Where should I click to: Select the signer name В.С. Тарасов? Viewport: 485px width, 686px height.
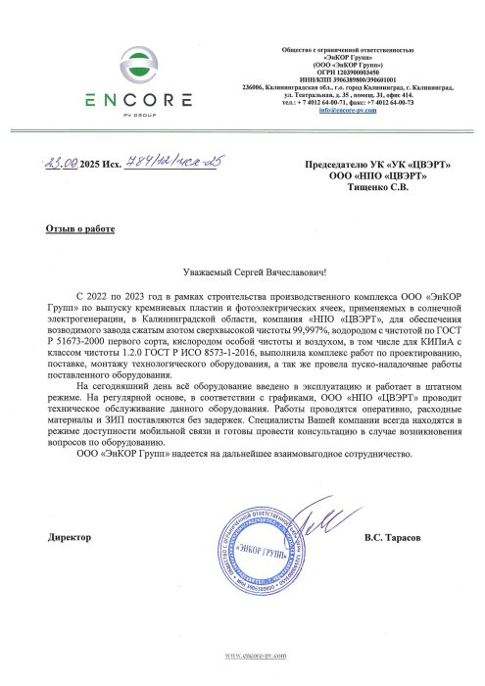[395, 538]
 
